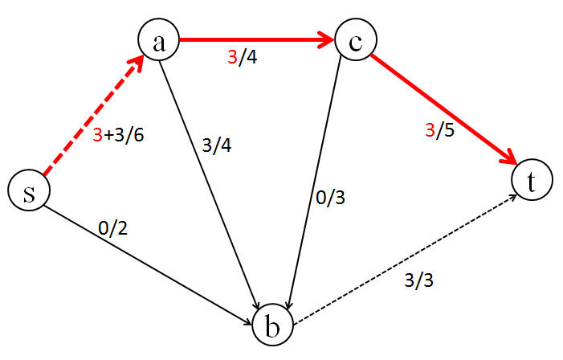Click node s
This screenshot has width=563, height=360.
pyautogui.click(x=29, y=191)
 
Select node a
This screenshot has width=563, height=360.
pyautogui.click(x=158, y=43)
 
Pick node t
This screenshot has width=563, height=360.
pyautogui.click(x=532, y=181)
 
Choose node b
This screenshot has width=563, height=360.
pyautogui.click(x=273, y=326)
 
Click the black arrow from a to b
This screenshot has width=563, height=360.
pyautogui.click(x=210, y=185)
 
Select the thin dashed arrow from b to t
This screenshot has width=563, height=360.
pyautogui.click(x=402, y=256)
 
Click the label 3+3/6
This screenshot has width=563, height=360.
pyautogui.click(x=118, y=136)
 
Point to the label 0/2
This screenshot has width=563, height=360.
pyautogui.click(x=112, y=228)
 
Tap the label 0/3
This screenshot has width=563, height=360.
pyautogui.click(x=332, y=198)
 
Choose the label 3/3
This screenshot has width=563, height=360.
pyautogui.click(x=420, y=282)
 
